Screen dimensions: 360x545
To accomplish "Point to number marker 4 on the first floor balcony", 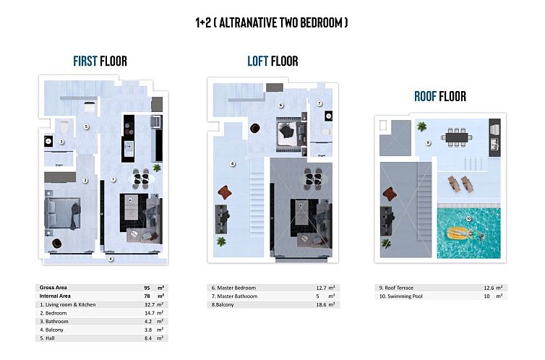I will (x=111, y=258).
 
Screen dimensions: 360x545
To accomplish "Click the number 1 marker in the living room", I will (x=113, y=179).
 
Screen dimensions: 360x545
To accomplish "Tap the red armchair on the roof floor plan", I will (x=391, y=194).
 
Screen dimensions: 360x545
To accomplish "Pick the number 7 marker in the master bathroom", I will (x=319, y=104).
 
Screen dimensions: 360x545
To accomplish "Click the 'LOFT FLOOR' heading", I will (x=272, y=61).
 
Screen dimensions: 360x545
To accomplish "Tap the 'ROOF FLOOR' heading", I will (x=439, y=96).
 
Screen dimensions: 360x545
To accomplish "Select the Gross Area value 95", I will (x=147, y=288).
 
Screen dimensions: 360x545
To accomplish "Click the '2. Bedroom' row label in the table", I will (x=54, y=313).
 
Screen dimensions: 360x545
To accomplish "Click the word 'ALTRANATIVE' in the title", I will (x=252, y=22).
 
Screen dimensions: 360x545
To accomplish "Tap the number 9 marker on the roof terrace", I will (x=428, y=142).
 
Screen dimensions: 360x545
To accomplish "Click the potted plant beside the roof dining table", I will (x=421, y=127).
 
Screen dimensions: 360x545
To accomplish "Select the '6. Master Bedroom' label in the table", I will (x=234, y=288).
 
